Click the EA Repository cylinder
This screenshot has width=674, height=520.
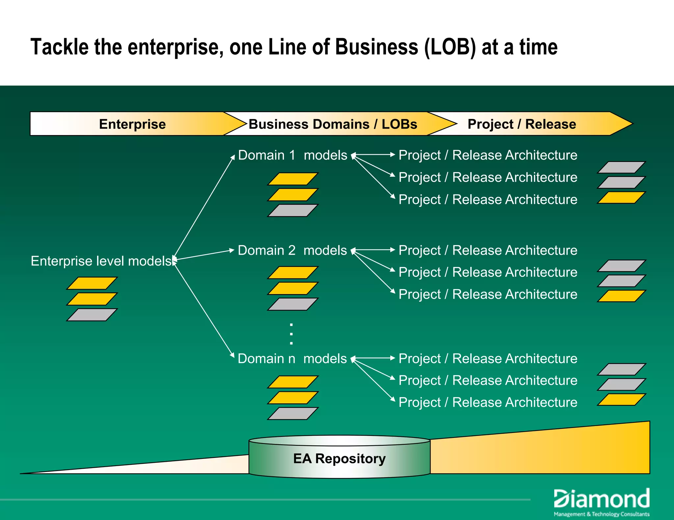click(x=339, y=458)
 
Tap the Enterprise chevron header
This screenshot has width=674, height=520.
click(x=132, y=124)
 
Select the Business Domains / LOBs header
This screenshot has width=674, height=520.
click(x=333, y=124)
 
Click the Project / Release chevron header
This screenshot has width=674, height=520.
click(x=522, y=124)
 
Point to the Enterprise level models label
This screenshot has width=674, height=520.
click(x=101, y=261)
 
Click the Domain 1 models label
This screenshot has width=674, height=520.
click(x=292, y=155)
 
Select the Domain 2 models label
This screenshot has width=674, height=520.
click(x=292, y=250)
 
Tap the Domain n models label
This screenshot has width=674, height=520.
click(x=292, y=359)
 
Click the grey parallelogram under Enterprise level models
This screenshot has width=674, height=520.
click(x=92, y=315)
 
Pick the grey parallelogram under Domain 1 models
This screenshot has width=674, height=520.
click(x=293, y=210)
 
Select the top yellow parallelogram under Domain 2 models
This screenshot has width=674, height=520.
click(x=293, y=272)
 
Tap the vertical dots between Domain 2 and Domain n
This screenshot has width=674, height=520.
click(x=291, y=334)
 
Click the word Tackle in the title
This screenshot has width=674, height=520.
click(x=59, y=47)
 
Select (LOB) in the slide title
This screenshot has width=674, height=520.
click(x=450, y=47)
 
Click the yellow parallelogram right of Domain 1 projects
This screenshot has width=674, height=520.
click(x=621, y=198)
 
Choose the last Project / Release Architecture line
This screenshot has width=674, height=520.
click(x=488, y=402)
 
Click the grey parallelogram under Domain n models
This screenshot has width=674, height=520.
click(x=293, y=414)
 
